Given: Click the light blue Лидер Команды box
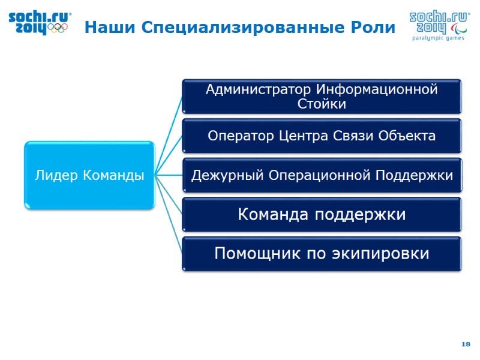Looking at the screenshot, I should click(x=89, y=175).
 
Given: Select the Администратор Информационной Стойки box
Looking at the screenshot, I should click(x=322, y=96).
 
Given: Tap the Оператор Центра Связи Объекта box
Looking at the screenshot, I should click(x=322, y=136).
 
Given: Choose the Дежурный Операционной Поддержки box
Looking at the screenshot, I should click(x=322, y=175).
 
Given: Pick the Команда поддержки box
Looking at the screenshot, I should click(x=322, y=214).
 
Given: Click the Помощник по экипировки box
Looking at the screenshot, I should click(x=322, y=254).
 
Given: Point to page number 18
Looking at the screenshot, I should click(x=466, y=344).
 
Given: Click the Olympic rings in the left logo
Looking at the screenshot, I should click(x=59, y=28).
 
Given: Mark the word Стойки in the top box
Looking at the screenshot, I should click(x=322, y=104).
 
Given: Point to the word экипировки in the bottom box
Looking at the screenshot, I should click(x=380, y=254).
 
